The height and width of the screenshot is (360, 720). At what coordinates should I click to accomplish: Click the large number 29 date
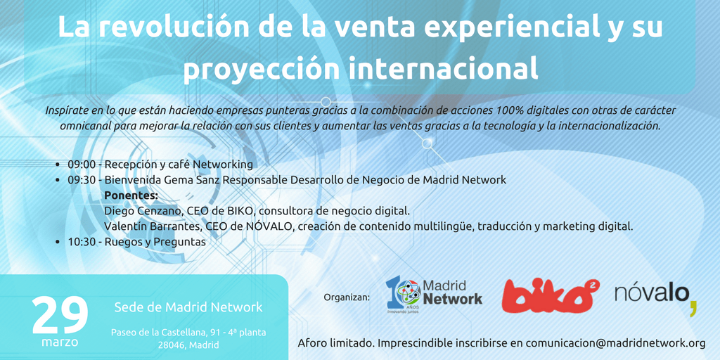pos(60,316)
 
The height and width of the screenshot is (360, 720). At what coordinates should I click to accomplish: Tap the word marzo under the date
pos(60,342)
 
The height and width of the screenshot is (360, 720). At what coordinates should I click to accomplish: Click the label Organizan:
pos(347,297)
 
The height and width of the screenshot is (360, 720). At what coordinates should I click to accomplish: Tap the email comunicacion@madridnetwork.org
pos(615,343)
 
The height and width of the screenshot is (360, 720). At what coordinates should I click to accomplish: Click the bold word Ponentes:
pos(131,196)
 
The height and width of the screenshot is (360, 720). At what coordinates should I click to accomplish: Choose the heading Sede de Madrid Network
pos(188,307)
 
